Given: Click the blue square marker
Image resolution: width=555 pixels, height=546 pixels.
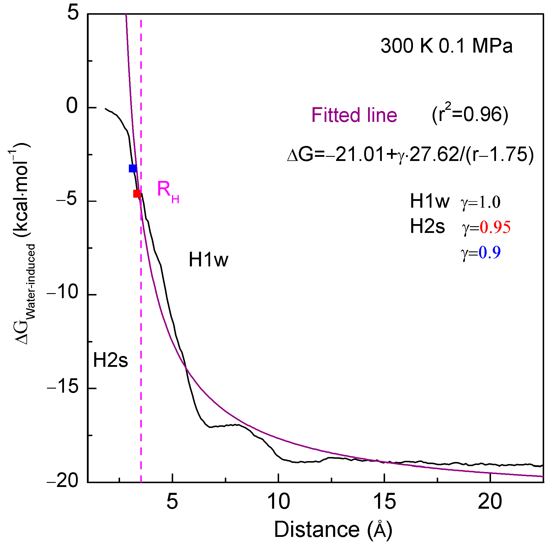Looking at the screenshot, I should point(133,168).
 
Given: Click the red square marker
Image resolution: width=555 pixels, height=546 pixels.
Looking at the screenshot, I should point(137,194).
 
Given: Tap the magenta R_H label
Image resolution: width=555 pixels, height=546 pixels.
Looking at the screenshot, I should point(168,191).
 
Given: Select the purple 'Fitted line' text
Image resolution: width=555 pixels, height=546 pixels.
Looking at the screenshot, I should point(354,115).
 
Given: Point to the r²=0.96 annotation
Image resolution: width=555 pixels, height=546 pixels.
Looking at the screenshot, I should point(470,115).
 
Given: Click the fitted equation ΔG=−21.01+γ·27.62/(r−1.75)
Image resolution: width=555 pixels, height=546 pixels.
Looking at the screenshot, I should point(410,154).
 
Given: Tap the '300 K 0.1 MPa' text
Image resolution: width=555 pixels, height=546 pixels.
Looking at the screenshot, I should point(446,46).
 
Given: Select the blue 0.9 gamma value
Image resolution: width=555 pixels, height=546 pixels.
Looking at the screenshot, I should point(489,252).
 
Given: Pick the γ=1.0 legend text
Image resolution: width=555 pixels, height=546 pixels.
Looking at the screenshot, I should point(480,202).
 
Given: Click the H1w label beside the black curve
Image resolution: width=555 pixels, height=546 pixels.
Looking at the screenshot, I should point(208,260).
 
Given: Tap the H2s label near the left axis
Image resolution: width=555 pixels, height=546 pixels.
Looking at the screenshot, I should point(110,360).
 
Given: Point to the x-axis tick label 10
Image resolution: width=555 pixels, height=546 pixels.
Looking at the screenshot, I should point(279,502).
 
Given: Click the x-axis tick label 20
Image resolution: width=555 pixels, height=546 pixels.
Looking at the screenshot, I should point(490,502).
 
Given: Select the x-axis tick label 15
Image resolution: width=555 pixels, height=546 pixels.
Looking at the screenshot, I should point(384,502).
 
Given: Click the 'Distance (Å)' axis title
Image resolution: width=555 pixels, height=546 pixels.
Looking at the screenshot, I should point(333,529).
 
